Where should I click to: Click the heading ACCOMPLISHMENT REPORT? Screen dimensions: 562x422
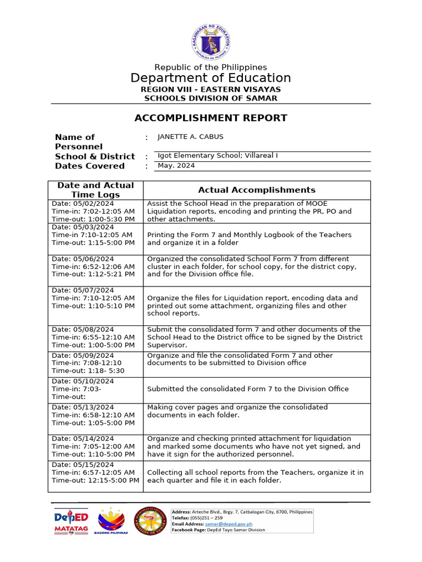tap(211, 118)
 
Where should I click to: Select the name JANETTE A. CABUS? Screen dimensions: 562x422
tap(190, 137)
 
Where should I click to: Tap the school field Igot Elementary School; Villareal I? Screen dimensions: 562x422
tap(218, 156)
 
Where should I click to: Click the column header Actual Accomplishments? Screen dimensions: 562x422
tap(257, 190)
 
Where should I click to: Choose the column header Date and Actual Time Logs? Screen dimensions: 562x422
tap(96, 190)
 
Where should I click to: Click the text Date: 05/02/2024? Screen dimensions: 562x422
tap(83, 204)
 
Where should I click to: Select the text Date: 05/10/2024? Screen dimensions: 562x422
tap(83, 381)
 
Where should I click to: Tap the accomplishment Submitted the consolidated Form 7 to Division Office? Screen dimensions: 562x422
tap(248, 389)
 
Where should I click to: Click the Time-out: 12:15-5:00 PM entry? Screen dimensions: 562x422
tap(96, 480)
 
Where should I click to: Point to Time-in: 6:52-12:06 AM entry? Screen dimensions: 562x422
tap(93, 266)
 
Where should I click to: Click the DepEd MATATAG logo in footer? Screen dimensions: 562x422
tap(71, 521)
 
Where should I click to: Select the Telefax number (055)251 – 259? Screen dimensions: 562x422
tap(207, 518)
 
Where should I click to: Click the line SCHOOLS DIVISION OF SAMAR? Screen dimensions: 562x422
tap(211, 98)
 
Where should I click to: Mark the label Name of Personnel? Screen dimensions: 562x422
tap(79, 142)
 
